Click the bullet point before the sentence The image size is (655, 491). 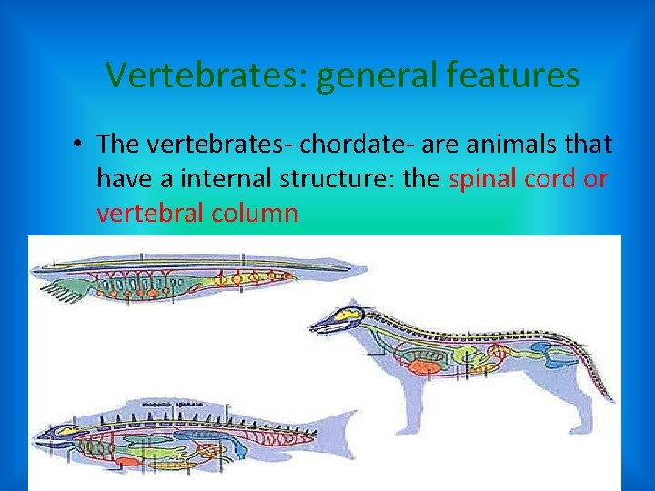81,144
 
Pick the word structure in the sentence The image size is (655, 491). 324,178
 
